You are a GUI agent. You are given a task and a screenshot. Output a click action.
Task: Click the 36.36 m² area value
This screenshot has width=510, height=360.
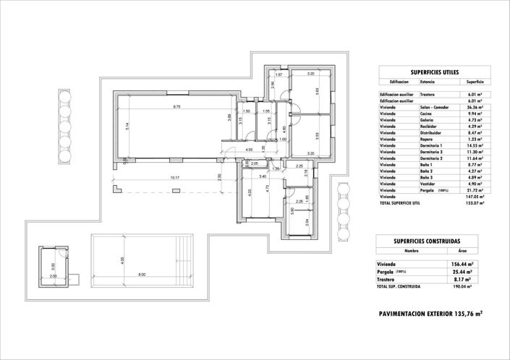point(475,107)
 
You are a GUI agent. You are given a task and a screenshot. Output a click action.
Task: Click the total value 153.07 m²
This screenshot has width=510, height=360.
point(474,202)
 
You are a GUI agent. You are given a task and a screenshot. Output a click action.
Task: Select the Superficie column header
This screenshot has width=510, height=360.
point(475,82)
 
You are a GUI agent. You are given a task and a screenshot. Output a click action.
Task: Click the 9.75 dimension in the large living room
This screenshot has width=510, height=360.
point(176,107)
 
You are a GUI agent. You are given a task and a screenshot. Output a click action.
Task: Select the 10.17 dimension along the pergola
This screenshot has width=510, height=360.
point(174,177)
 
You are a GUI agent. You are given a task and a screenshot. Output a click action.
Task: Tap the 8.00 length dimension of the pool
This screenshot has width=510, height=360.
point(142,273)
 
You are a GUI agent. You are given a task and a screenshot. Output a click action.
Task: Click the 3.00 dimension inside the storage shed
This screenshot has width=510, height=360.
point(53,275)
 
